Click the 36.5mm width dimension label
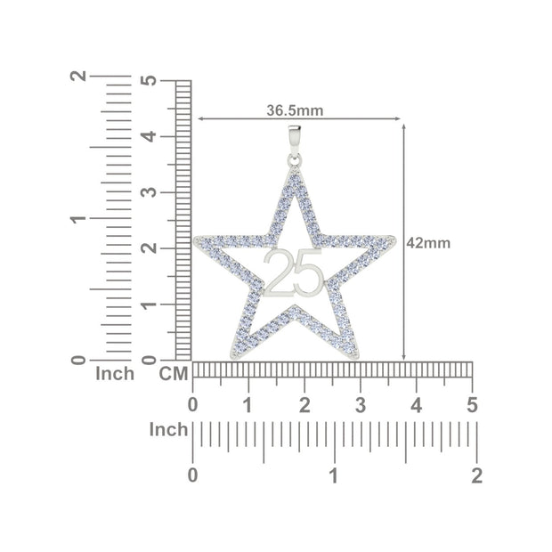[295, 110]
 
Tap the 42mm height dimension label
[428, 242]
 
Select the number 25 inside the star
[293, 272]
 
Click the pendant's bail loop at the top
[295, 139]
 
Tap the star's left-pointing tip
[199, 239]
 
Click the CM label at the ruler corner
[174, 374]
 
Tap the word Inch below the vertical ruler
[115, 374]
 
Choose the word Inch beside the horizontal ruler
[168, 430]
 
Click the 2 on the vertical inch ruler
[78, 77]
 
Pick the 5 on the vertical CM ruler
[150, 80]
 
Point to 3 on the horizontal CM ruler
[361, 405]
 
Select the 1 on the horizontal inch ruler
[334, 475]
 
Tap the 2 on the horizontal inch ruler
[476, 475]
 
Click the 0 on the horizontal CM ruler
[193, 405]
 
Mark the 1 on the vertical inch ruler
[78, 218]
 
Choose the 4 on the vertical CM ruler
[150, 136]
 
